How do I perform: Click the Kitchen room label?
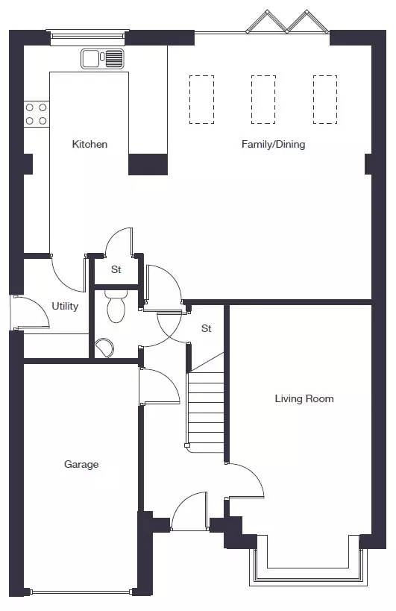[89, 144]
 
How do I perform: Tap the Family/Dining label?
[273, 144]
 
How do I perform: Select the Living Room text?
[304, 398]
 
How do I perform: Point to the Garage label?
[81, 464]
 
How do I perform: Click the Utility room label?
[65, 307]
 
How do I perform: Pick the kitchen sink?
[102, 59]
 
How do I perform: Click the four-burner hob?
[36, 114]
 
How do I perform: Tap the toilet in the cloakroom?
[116, 306]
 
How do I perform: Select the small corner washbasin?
[104, 348]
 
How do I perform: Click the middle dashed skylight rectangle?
[263, 100]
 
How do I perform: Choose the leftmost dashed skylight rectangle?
[201, 100]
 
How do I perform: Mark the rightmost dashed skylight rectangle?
[325, 100]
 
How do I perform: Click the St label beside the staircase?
[207, 328]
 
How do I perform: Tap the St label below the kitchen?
[116, 269]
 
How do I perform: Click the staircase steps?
[206, 409]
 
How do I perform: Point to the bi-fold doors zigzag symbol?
[288, 22]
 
